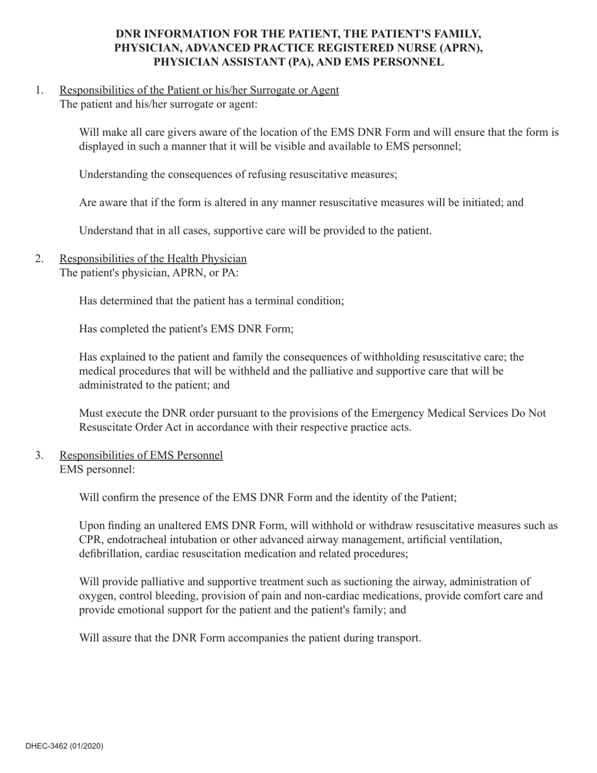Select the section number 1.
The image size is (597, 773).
pyautogui.click(x=40, y=90)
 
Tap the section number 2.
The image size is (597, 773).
pyautogui.click(x=40, y=259)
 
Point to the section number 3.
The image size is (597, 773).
pyautogui.click(x=40, y=455)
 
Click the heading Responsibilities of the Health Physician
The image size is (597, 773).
pyautogui.click(x=153, y=259)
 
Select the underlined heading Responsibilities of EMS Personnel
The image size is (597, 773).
pyautogui.click(x=141, y=455)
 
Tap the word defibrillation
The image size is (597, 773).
pyautogui.click(x=110, y=554)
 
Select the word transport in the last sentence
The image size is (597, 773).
pyautogui.click(x=398, y=638)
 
